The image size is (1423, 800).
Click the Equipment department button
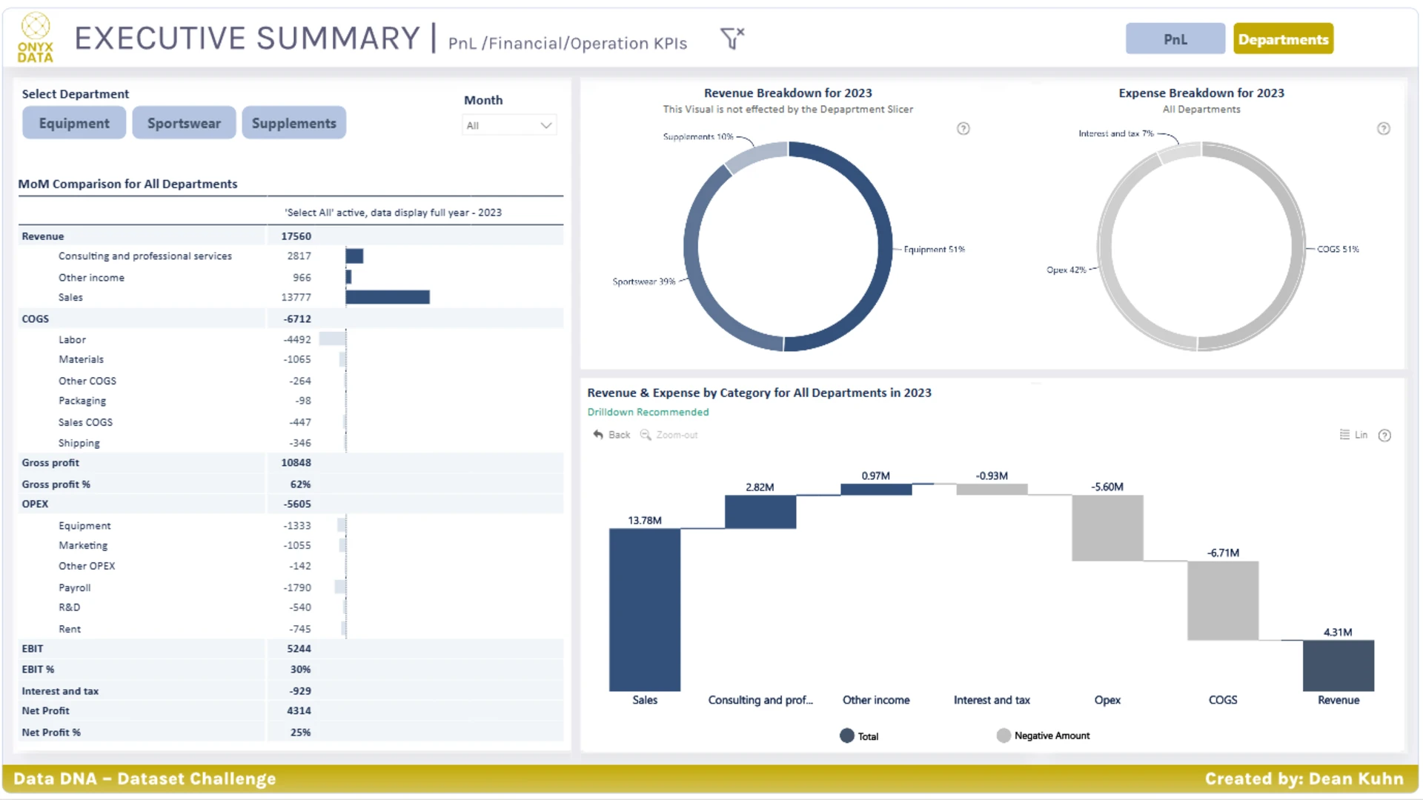[x=74, y=123]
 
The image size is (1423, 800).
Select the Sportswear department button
[x=184, y=123]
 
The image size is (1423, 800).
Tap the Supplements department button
[x=293, y=123]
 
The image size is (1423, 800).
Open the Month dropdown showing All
[x=509, y=125]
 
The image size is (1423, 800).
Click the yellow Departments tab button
[x=1283, y=39]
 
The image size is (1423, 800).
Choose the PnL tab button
[x=1175, y=39]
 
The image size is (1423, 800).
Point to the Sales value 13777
[x=296, y=297]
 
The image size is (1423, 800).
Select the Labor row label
[x=72, y=339]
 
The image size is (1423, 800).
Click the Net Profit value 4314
[x=299, y=710]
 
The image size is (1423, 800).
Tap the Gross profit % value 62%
[x=300, y=484]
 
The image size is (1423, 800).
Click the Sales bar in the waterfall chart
[x=644, y=610]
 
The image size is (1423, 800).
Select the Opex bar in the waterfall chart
[x=1107, y=527]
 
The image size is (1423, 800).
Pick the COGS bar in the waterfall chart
[x=1223, y=600]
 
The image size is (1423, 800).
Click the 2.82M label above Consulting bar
[x=760, y=487]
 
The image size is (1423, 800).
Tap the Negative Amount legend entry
[x=1044, y=736]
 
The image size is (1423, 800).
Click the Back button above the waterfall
[x=611, y=435]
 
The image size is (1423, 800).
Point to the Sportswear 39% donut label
[x=643, y=281]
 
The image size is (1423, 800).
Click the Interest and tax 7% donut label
[x=1116, y=133]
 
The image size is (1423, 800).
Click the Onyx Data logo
[x=36, y=38]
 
